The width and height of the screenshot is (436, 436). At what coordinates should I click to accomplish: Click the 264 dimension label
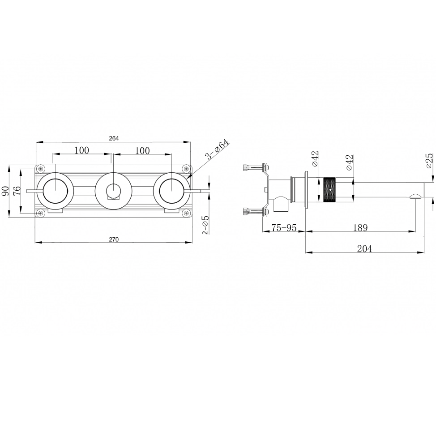114,138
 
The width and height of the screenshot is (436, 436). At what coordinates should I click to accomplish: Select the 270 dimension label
114,239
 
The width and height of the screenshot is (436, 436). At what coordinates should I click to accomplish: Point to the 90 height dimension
5,191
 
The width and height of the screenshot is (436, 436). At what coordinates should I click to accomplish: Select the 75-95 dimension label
284,228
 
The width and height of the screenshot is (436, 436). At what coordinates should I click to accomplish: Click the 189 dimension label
360,228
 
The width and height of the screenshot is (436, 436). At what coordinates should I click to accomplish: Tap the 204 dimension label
364,248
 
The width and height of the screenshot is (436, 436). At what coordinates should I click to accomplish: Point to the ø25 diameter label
429,160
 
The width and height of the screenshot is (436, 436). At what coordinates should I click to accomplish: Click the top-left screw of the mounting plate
41,168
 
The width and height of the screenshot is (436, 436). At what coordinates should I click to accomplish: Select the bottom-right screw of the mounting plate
186,213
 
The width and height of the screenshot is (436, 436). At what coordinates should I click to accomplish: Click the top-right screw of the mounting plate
186,168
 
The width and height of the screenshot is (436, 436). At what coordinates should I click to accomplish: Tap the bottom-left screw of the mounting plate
41,213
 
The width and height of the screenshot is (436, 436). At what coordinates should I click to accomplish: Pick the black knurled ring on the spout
330,191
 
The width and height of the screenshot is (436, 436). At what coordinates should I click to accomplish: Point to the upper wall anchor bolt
256,168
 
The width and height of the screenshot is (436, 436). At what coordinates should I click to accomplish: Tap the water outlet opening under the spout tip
416,197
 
